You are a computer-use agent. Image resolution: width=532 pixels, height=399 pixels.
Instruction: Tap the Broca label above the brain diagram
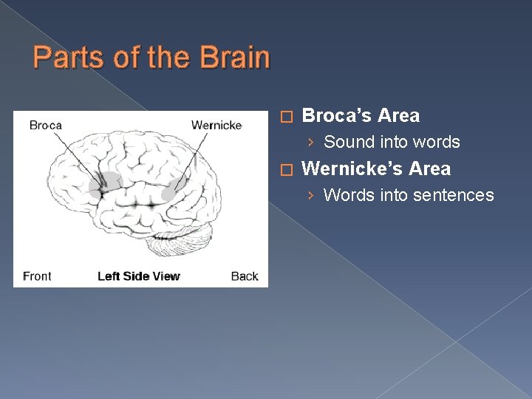(46, 125)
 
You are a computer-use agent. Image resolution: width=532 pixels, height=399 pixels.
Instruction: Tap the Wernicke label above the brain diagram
(216, 125)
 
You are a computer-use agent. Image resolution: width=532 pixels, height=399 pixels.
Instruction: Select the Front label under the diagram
(37, 276)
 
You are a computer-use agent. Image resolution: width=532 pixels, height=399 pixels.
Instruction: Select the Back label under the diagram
(245, 276)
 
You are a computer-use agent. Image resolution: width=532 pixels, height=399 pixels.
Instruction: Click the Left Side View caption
(138, 276)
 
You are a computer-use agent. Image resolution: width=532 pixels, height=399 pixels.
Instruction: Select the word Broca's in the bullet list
(336, 116)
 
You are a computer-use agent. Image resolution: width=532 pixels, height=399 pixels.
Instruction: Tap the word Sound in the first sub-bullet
(347, 142)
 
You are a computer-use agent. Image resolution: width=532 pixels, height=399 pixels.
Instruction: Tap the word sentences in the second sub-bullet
(454, 195)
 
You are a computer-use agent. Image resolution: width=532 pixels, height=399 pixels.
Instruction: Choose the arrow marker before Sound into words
(313, 143)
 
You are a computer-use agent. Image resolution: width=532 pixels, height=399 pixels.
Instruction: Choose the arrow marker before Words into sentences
(313, 196)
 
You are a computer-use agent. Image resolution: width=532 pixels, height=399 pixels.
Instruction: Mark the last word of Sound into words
(436, 142)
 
